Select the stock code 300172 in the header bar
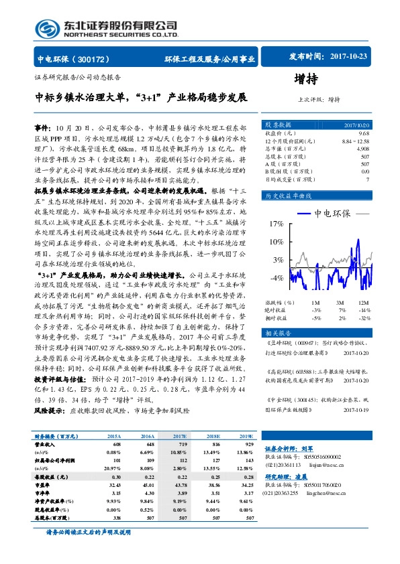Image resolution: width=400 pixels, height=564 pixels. [x=100, y=59]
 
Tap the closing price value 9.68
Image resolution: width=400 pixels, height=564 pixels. [x=364, y=133]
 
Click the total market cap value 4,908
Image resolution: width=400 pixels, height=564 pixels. [x=362, y=148]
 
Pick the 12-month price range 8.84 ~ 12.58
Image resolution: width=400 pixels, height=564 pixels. [x=356, y=141]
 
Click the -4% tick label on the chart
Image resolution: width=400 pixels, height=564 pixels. [x=276, y=277]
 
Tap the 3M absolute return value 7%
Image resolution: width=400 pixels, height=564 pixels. [x=342, y=311]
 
